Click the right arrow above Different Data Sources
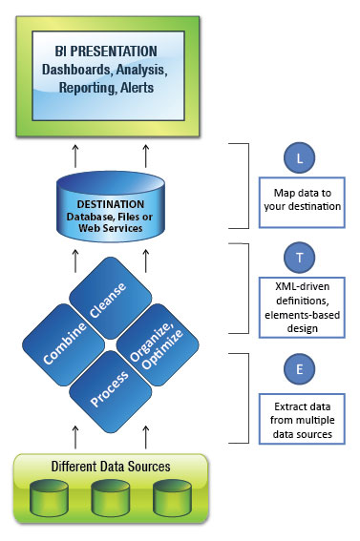coord(145,433)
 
